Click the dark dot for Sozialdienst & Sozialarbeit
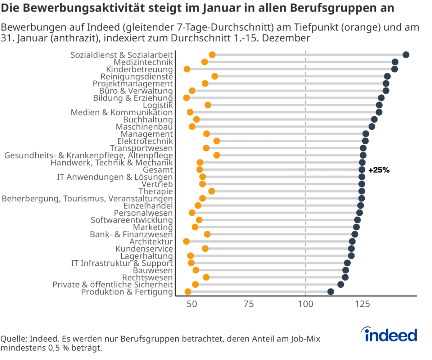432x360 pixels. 406,55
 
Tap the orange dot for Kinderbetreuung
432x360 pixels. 187,69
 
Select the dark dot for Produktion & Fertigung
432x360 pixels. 330,292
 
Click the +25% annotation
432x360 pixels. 379,170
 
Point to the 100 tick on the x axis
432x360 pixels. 306,304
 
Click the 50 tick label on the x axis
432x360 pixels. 192,304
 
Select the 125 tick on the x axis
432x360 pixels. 363,304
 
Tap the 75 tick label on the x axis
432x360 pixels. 248,304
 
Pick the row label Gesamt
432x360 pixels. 158,170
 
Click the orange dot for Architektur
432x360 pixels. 186,242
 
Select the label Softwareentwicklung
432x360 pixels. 132,220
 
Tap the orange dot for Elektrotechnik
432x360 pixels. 216,141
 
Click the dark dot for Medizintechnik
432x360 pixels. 395,62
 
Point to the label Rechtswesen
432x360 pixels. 147,278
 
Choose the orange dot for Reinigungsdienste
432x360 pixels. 215,76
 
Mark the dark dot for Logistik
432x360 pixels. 379,105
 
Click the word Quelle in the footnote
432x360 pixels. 14,339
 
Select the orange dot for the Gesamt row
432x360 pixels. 199,170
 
